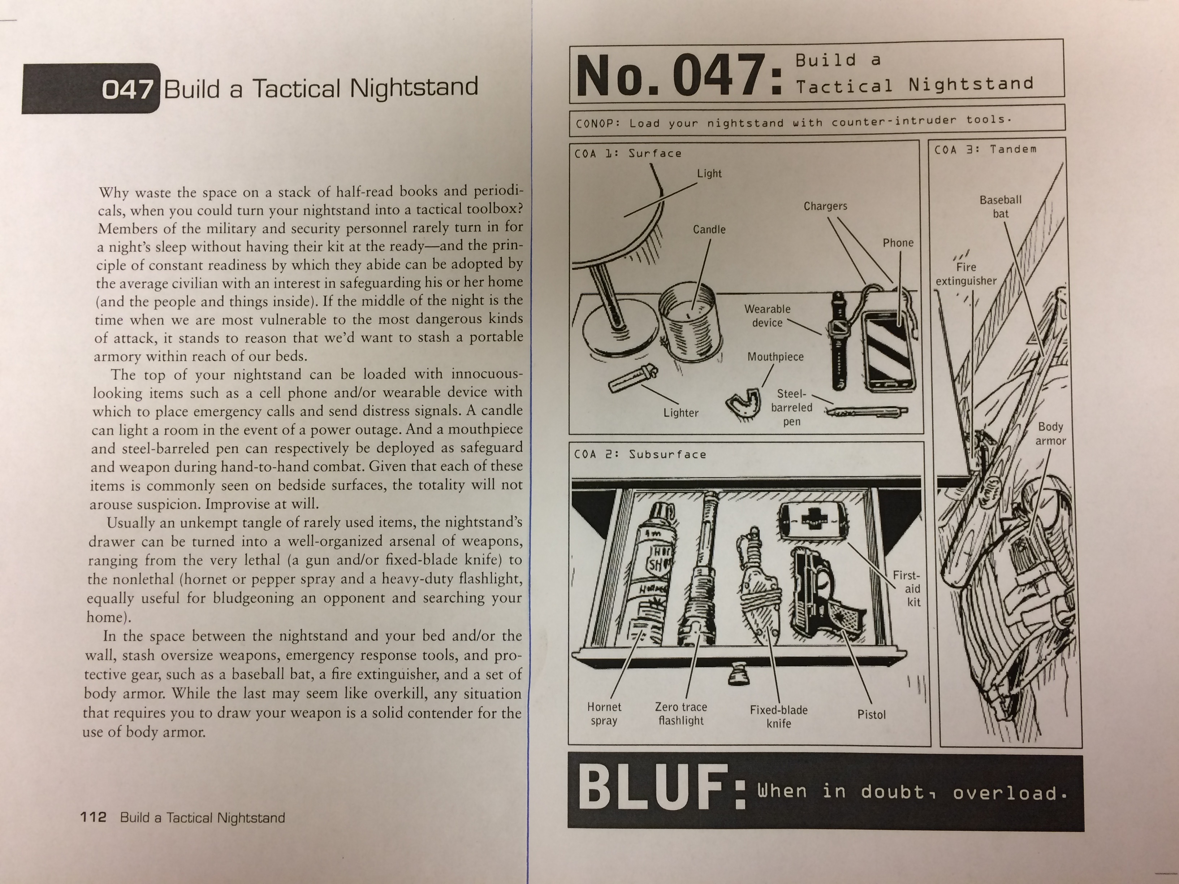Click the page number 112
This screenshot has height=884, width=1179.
tap(93, 817)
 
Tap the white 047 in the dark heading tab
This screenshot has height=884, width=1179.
tap(128, 89)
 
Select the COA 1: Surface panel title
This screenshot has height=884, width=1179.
tap(628, 153)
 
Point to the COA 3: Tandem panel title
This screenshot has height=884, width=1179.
tap(985, 149)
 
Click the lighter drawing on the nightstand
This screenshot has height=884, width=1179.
tap(633, 379)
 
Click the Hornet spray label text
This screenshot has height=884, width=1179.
tap(604, 714)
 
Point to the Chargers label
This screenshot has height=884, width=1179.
tap(825, 206)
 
